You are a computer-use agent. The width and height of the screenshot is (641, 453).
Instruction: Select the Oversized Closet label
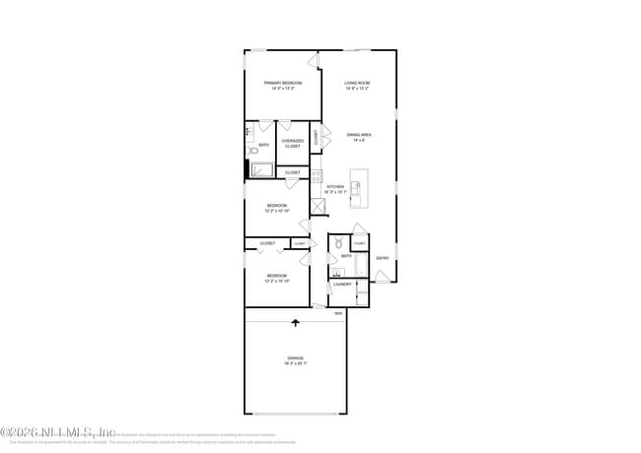pos(293,144)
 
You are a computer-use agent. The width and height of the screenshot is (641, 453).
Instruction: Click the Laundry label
pos(342,285)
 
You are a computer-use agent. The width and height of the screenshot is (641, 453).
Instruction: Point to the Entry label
pos(383,258)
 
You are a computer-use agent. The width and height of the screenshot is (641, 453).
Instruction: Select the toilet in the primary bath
pos(253,151)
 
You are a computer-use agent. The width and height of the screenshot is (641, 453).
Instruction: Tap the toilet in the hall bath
pos(337,241)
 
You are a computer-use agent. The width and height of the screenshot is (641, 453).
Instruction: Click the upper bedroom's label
pos(276,209)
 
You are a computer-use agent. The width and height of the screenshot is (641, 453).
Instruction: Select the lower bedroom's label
pos(276,278)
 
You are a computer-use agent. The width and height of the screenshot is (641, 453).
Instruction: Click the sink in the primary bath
pos(250,131)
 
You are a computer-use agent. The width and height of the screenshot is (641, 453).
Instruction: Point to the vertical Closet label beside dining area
pos(317,139)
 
